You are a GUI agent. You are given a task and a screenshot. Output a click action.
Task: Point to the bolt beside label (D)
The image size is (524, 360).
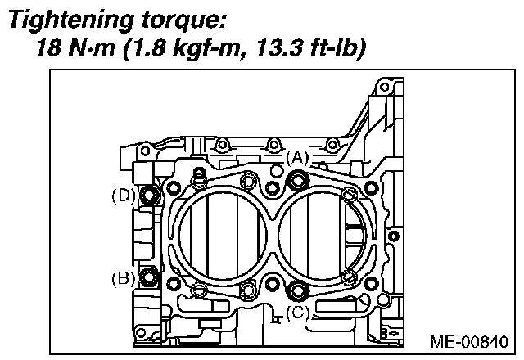point(150,195)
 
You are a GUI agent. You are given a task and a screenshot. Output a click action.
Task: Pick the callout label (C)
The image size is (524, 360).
point(298,311)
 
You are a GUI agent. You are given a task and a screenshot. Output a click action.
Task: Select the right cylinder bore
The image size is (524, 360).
point(319,233)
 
